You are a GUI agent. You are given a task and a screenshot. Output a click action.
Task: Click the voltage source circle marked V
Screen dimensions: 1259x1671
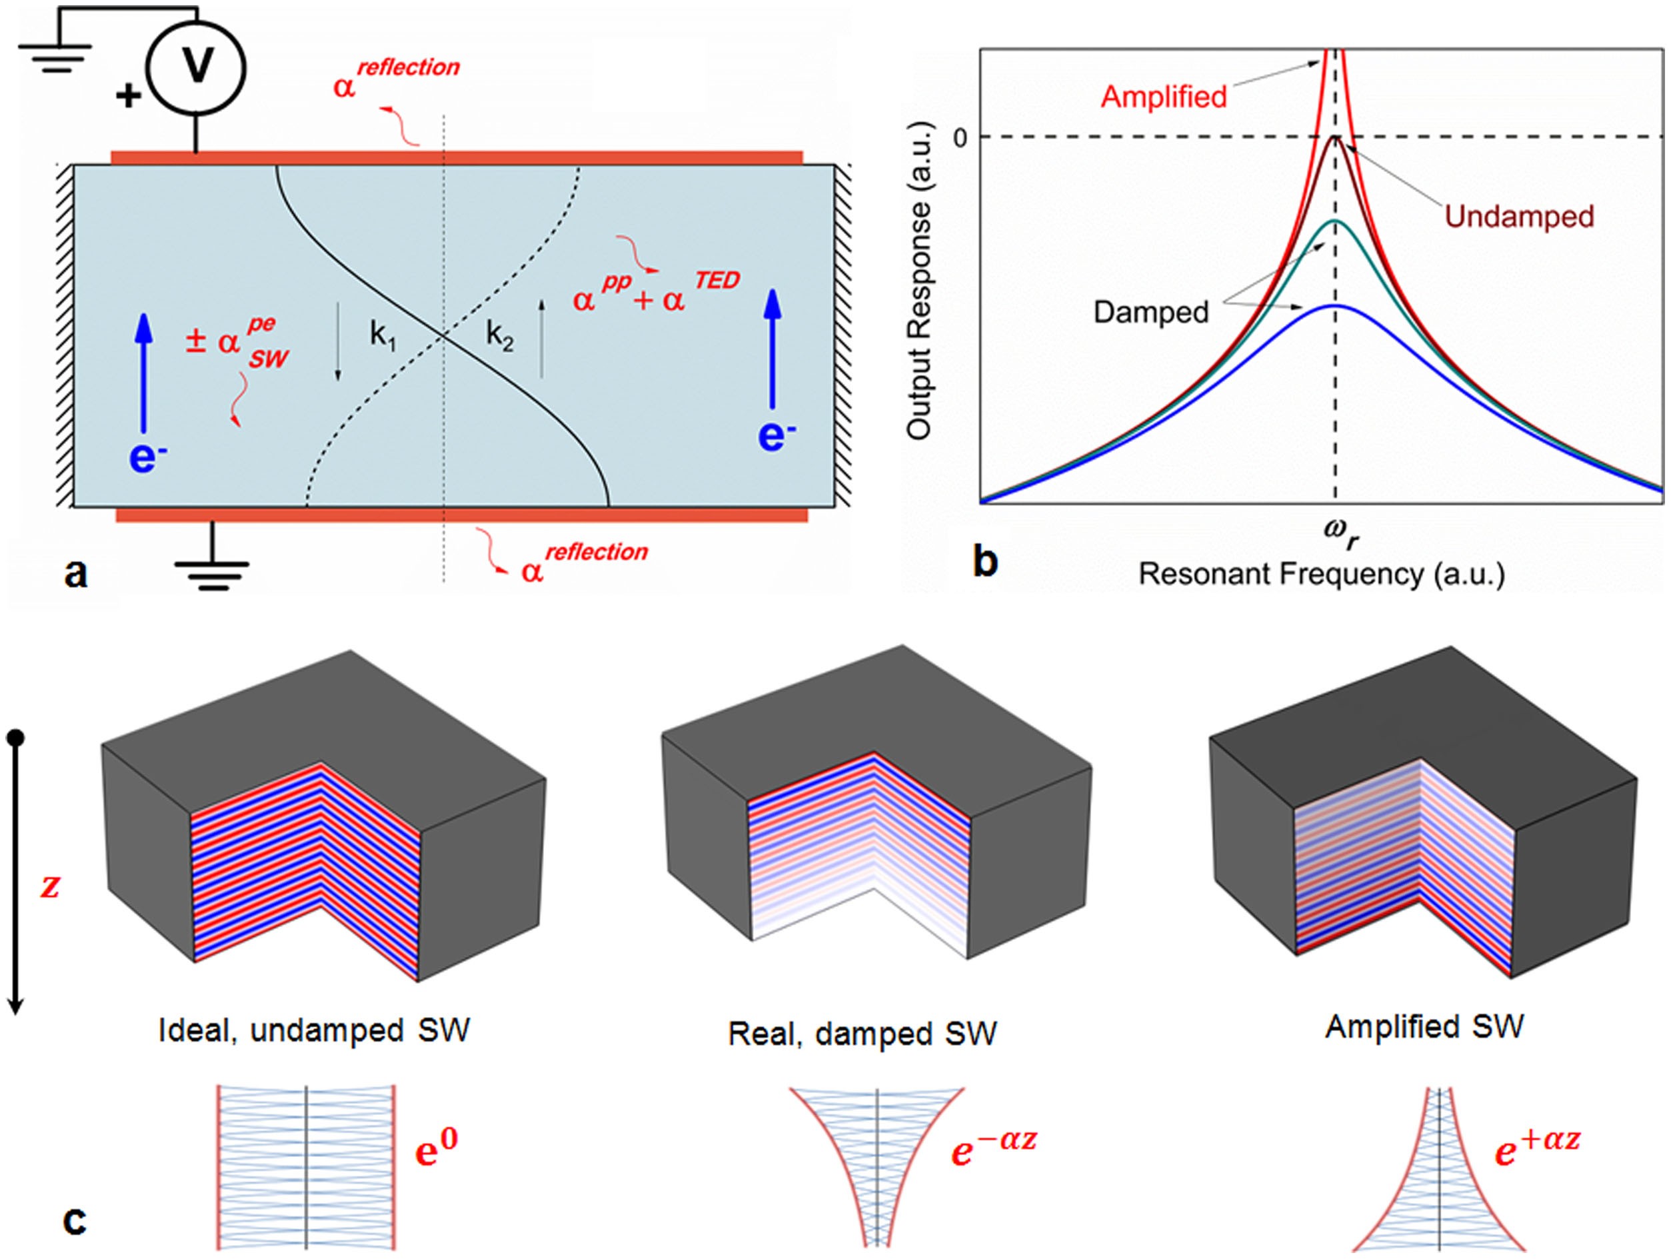tap(196, 67)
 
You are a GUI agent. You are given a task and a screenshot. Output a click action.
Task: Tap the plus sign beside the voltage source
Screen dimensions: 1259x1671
tap(129, 96)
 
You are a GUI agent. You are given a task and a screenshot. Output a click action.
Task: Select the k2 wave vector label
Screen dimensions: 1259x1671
tap(499, 335)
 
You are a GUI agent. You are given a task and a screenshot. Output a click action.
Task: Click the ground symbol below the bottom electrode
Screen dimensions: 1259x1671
tap(212, 575)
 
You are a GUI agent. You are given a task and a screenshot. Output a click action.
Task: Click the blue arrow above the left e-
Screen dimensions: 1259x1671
tap(143, 373)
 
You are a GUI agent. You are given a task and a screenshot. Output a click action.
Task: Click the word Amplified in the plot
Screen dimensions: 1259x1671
tap(1163, 97)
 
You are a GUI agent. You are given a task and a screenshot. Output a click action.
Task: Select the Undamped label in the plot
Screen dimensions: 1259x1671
tap(1519, 217)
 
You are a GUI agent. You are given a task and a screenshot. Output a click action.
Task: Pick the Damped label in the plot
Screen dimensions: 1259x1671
tap(1150, 312)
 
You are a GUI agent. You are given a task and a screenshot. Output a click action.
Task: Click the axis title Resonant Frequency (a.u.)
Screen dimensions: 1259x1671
tap(1321, 574)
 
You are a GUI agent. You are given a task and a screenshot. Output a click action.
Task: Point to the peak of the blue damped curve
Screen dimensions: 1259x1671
tap(1335, 305)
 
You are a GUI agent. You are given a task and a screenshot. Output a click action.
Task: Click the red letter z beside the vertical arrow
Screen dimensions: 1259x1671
tap(50, 885)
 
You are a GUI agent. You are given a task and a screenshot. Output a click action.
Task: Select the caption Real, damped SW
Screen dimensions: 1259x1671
tap(862, 1033)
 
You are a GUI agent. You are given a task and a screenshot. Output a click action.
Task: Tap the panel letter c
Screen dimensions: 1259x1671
tap(75, 1220)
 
